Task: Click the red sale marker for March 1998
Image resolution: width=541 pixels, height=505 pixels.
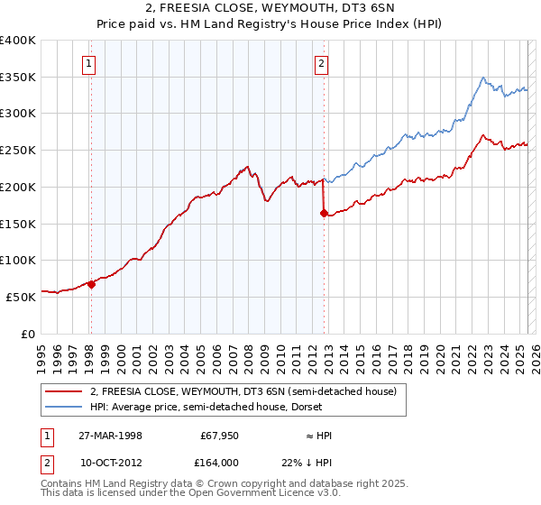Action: (x=91, y=283)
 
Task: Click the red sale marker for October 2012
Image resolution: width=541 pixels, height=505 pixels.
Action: (x=323, y=214)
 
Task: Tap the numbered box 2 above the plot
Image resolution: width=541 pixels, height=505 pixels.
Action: (x=322, y=63)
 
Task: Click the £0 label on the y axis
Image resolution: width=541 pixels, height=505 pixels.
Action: (x=29, y=333)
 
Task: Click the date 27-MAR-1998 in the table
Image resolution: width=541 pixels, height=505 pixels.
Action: (x=111, y=436)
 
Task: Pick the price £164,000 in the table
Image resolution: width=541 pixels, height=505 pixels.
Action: (x=220, y=462)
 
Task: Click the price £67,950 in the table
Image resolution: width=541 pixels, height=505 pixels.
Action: (x=220, y=436)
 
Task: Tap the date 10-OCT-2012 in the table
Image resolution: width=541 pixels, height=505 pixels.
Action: (x=111, y=462)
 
